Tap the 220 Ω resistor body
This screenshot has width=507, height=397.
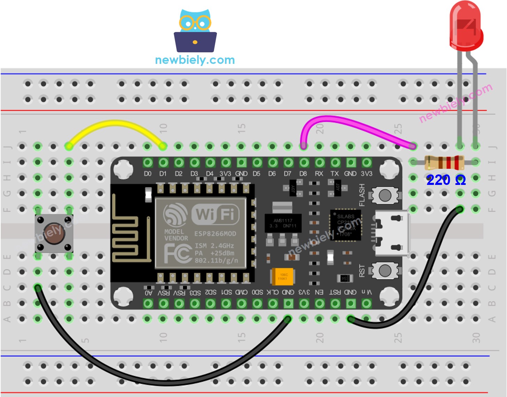444,162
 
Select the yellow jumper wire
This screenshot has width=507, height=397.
116,124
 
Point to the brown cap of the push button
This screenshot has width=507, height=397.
54,233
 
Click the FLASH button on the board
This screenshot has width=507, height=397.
385,195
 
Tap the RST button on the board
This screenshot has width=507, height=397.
385,270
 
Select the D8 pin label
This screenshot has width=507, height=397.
303,174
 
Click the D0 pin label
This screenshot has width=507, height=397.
148,174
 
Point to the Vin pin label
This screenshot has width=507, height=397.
366,292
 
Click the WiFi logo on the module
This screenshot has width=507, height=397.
216,214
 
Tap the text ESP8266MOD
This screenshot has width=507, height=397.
215,234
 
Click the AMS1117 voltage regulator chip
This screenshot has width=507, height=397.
283,223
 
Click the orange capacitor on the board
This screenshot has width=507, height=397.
282,277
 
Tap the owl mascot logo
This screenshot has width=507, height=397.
195,31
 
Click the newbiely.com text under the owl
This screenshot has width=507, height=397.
195,60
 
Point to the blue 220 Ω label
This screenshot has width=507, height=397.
446,180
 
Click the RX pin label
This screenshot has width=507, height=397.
319,174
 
